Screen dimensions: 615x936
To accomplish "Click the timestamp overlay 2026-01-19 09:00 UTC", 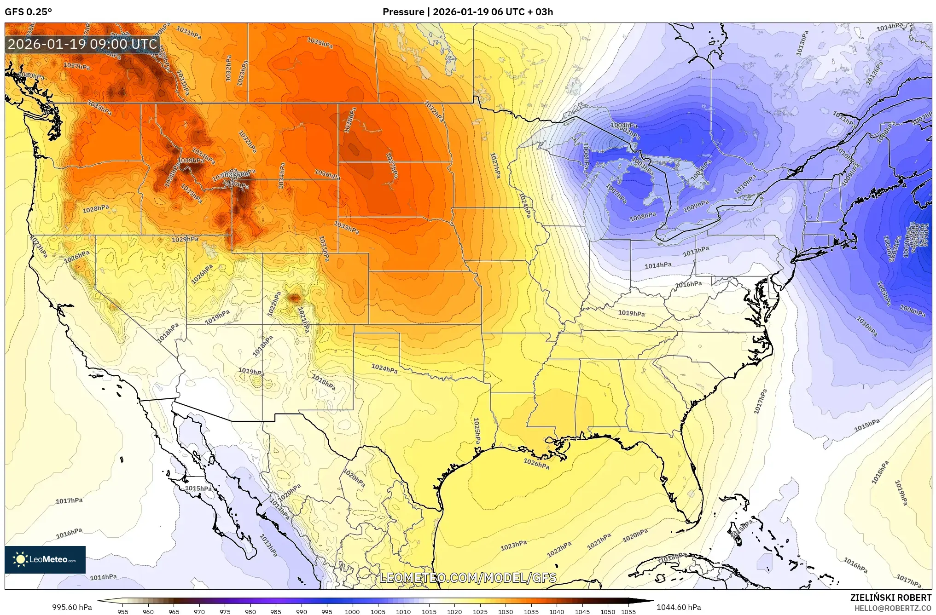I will [x=83, y=44].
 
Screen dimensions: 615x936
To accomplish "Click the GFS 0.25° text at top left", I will [x=28, y=12].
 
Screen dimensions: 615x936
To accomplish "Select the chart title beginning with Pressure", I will [x=467, y=12].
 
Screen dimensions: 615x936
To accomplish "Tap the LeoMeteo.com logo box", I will [x=45, y=559].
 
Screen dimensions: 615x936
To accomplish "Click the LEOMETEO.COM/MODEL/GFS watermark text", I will [x=468, y=578].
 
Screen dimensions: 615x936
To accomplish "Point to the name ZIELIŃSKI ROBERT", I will [x=890, y=598].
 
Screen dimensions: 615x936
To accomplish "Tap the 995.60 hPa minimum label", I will [x=72, y=607].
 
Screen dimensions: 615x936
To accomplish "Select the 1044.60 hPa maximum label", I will [x=679, y=607].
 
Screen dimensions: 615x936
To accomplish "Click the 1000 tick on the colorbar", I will [x=352, y=612].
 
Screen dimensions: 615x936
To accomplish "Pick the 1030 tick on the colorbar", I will [x=505, y=612].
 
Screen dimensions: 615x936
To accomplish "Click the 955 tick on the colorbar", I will [x=122, y=612].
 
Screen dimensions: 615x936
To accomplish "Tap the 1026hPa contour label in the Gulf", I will [x=536, y=464].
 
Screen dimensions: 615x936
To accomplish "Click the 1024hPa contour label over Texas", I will [x=384, y=368].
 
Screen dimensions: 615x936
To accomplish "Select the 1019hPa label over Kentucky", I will [x=631, y=313].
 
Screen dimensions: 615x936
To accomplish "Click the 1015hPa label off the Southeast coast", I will [x=867, y=425].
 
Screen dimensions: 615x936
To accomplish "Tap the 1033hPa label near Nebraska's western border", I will [x=346, y=227].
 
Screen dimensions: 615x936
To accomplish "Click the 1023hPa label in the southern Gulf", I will [x=513, y=545].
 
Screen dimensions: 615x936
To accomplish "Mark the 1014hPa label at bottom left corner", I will [x=103, y=577].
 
